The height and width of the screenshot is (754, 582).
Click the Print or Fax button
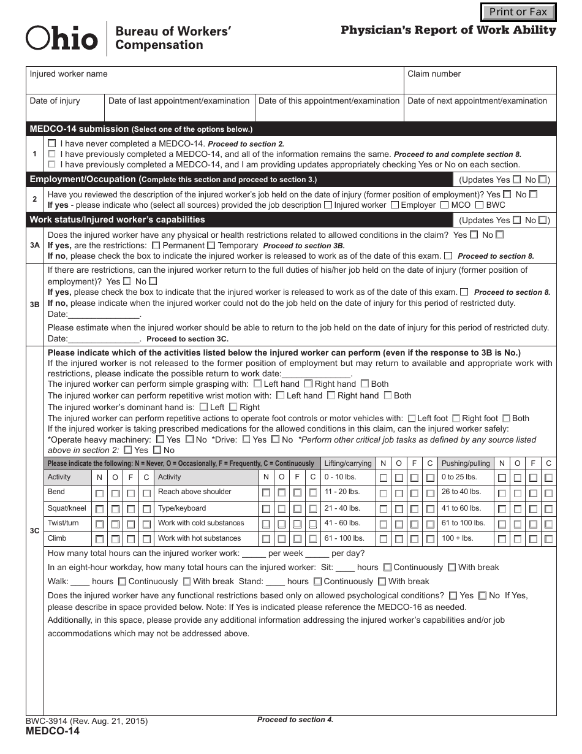518,12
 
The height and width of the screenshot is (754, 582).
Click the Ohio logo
61,38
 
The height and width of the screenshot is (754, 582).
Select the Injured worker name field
214,80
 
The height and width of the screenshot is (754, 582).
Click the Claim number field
480,80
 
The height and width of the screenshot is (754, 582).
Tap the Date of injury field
65,108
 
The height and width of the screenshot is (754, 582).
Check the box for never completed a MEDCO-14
51,143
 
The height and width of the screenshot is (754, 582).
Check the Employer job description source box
395,205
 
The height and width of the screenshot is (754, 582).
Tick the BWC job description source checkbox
480,205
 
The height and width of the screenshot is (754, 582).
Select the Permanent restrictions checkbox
156,245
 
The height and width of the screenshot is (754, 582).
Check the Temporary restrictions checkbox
211,245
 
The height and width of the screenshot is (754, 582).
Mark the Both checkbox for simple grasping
365,384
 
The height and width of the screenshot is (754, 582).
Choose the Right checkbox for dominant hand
233,407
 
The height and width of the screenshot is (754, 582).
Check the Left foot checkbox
412,419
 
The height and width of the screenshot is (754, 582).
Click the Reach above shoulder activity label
194,492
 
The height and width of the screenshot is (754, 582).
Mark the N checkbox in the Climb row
99,539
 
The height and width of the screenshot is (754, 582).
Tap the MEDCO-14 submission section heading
79,129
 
